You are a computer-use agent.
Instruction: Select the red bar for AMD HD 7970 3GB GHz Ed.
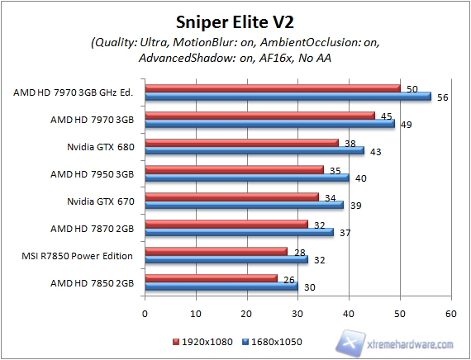pyautogui.click(x=273, y=88)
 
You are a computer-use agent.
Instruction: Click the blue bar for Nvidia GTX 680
pyautogui.click(x=255, y=150)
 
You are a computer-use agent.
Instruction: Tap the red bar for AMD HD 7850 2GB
pyautogui.click(x=211, y=278)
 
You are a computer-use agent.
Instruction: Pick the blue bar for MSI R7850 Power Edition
pyautogui.click(x=226, y=259)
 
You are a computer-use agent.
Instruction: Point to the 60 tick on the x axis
pyautogui.click(x=450, y=314)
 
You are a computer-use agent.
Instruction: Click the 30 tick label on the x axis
pyautogui.click(x=297, y=314)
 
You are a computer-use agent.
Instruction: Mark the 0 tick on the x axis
pyautogui.click(x=145, y=314)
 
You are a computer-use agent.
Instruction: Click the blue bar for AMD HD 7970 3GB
pyautogui.click(x=269, y=124)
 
